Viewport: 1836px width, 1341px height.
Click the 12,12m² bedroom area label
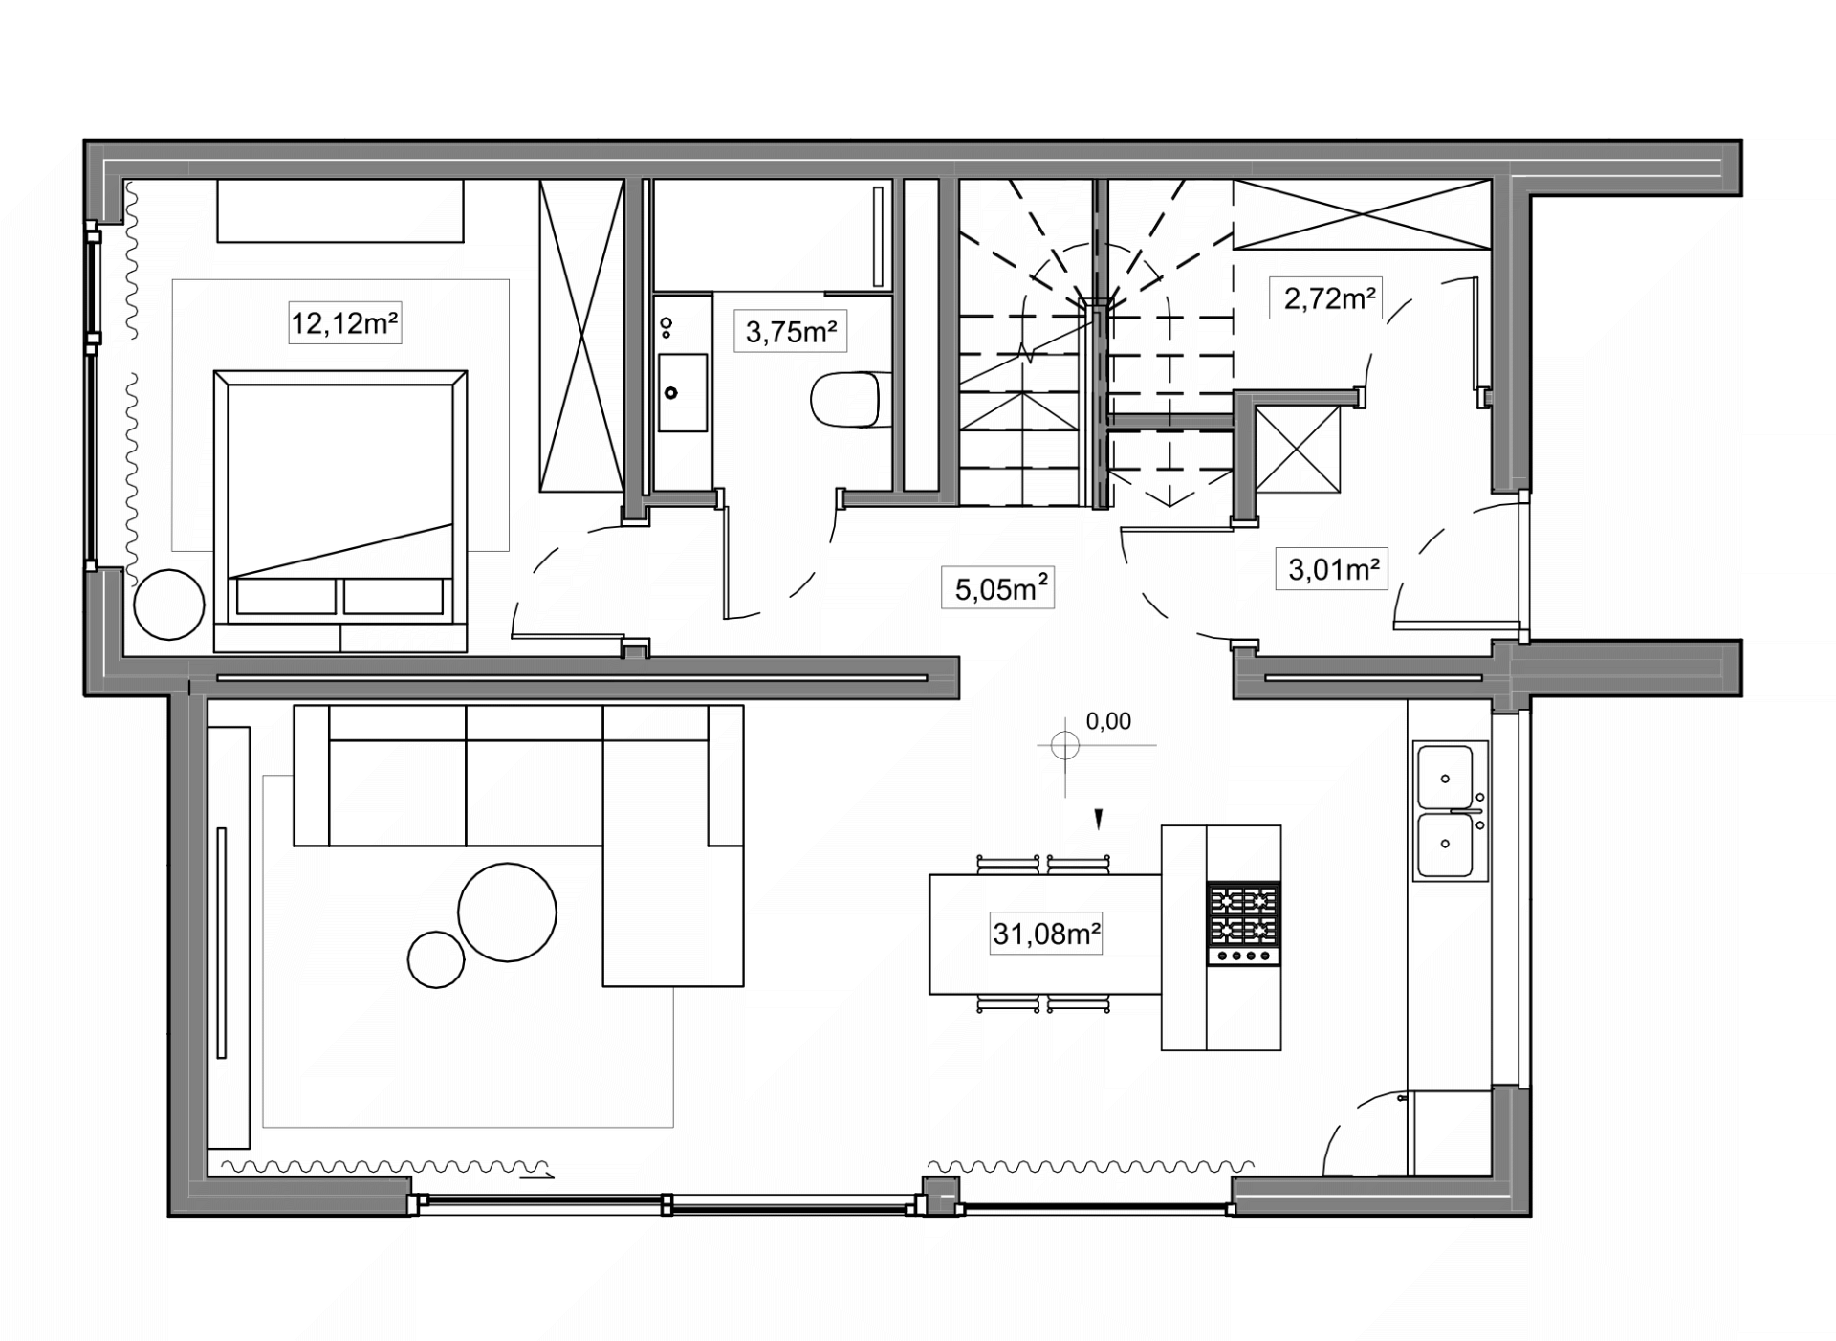pyautogui.click(x=344, y=323)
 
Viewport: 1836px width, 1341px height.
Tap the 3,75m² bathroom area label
pyautogui.click(x=791, y=332)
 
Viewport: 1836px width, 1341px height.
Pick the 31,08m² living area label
pyautogui.click(x=1046, y=933)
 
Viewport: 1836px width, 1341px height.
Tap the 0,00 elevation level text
pyautogui.click(x=1108, y=721)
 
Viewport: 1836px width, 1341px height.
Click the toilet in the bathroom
pyautogui.click(x=845, y=400)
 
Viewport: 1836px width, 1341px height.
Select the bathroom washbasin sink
pyautogui.click(x=683, y=392)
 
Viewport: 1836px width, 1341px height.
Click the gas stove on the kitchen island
pyautogui.click(x=1243, y=924)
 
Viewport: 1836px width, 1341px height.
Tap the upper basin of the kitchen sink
pyautogui.click(x=1445, y=778)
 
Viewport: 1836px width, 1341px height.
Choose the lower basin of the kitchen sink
pyautogui.click(x=1445, y=846)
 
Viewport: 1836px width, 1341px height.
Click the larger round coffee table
pyautogui.click(x=507, y=912)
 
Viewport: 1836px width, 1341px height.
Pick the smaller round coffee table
pyautogui.click(x=436, y=959)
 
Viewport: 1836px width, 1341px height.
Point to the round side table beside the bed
pyautogui.click(x=169, y=605)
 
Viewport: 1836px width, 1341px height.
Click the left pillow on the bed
pyautogui.click(x=286, y=596)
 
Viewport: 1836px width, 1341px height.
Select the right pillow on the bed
pyautogui.click(x=394, y=596)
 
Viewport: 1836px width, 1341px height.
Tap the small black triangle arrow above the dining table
pyautogui.click(x=1099, y=819)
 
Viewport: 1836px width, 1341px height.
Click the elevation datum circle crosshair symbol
pyautogui.click(x=1065, y=745)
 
